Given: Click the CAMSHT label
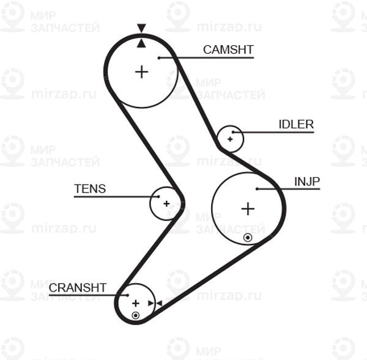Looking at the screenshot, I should click(x=228, y=50).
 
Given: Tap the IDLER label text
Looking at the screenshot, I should click(x=296, y=125).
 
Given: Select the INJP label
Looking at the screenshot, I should click(x=307, y=181).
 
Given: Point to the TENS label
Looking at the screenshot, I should click(x=90, y=189).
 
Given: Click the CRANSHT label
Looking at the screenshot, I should click(x=78, y=287).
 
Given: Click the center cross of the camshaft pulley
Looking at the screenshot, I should click(x=142, y=72).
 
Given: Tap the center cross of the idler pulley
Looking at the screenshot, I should click(x=230, y=139).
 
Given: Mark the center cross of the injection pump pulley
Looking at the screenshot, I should click(x=247, y=209).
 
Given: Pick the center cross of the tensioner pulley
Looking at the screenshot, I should click(x=166, y=203).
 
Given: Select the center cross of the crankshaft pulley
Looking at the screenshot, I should click(x=136, y=303).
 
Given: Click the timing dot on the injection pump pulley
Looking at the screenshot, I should click(x=247, y=237).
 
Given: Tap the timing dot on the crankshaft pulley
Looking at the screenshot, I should click(x=136, y=315).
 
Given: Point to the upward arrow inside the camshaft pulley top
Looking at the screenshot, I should click(x=142, y=43).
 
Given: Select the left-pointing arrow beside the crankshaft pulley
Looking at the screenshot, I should click(x=158, y=303).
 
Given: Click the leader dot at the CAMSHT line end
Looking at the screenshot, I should click(x=158, y=58).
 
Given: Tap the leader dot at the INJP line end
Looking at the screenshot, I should click(x=258, y=189).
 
